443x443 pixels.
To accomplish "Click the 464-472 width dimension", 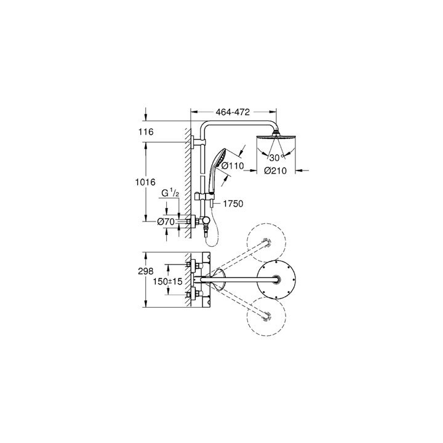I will click(232, 113).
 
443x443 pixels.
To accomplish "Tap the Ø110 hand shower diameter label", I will click(234, 165).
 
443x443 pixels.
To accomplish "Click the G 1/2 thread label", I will click(170, 194).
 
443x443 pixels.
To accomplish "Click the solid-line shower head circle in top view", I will click(281, 281).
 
